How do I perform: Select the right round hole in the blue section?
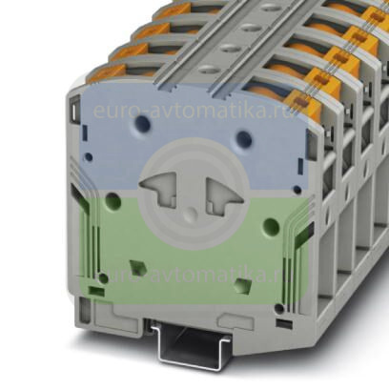(245, 138)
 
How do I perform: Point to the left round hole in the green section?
(113, 200)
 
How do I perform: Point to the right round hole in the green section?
(271, 227)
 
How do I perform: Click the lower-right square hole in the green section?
(242, 283)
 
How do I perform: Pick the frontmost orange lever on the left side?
(107, 72)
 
